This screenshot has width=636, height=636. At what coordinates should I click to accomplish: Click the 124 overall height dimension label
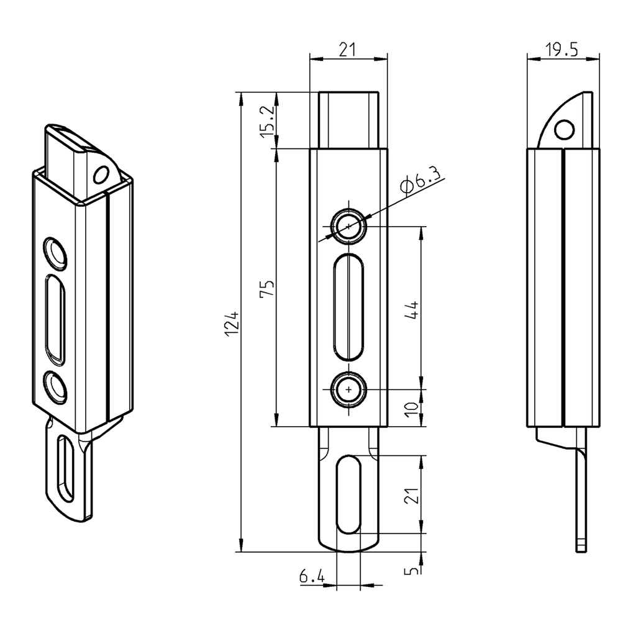231,323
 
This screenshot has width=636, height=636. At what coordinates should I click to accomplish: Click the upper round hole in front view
348,227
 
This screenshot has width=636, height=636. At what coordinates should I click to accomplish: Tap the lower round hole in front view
348,390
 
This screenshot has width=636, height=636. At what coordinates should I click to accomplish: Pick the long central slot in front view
348,307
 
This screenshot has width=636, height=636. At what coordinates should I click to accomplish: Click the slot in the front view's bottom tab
348,494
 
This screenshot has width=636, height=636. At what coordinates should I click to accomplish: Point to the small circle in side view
564,129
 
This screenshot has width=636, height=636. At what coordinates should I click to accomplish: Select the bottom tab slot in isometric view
63,470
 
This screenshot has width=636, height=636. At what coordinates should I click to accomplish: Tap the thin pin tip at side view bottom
581,545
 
